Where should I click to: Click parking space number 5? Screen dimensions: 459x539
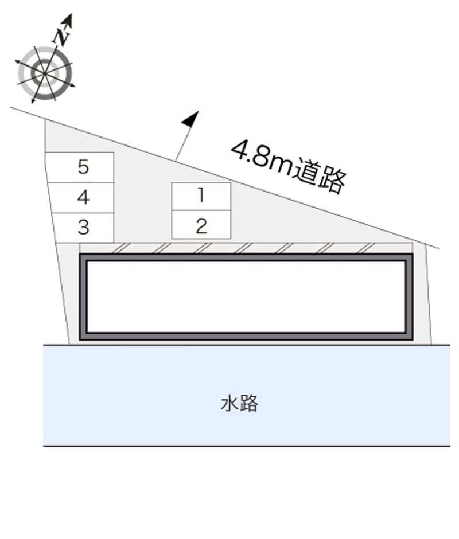(80, 167)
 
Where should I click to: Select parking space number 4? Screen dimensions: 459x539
(81, 198)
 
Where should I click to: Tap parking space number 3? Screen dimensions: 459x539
(83, 228)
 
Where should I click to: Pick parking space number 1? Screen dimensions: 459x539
(201, 196)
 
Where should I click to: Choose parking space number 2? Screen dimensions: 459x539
(201, 224)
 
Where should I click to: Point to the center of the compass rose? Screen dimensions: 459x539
(45, 73)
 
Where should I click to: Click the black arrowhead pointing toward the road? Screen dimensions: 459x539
(190, 119)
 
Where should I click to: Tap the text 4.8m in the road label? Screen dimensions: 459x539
(262, 156)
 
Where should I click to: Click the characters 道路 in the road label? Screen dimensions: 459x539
(320, 176)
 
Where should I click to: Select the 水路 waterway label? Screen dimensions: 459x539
(239, 403)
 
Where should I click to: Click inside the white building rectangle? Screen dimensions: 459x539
(246, 297)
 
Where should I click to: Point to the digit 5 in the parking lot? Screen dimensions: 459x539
(83, 167)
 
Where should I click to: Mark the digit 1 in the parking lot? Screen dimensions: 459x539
(201, 195)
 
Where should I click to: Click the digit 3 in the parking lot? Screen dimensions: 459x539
(83, 228)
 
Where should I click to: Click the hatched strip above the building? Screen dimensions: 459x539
(246, 248)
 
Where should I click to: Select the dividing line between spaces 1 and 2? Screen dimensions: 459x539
(201, 210)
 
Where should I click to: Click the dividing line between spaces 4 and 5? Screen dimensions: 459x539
(81, 183)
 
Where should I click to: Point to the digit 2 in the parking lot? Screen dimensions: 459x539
(201, 226)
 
